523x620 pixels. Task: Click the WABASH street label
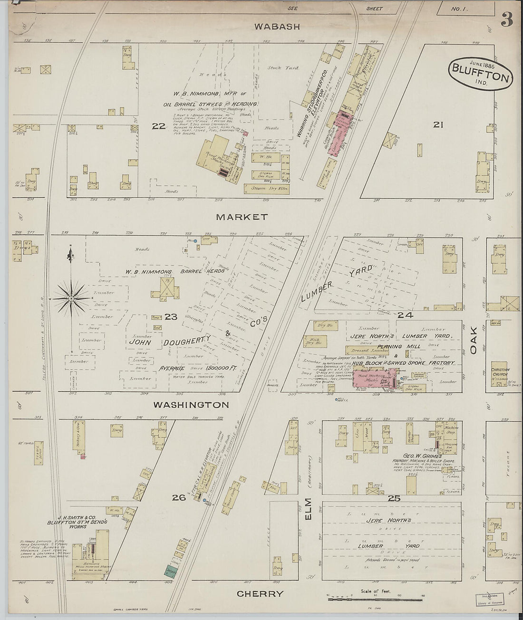pos(277,27)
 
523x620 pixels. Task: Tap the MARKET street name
pos(242,217)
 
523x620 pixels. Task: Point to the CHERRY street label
pos(260,593)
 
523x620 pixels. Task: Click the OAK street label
pos(473,343)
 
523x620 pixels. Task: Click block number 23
pos(170,316)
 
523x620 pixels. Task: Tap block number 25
pos(394,498)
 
